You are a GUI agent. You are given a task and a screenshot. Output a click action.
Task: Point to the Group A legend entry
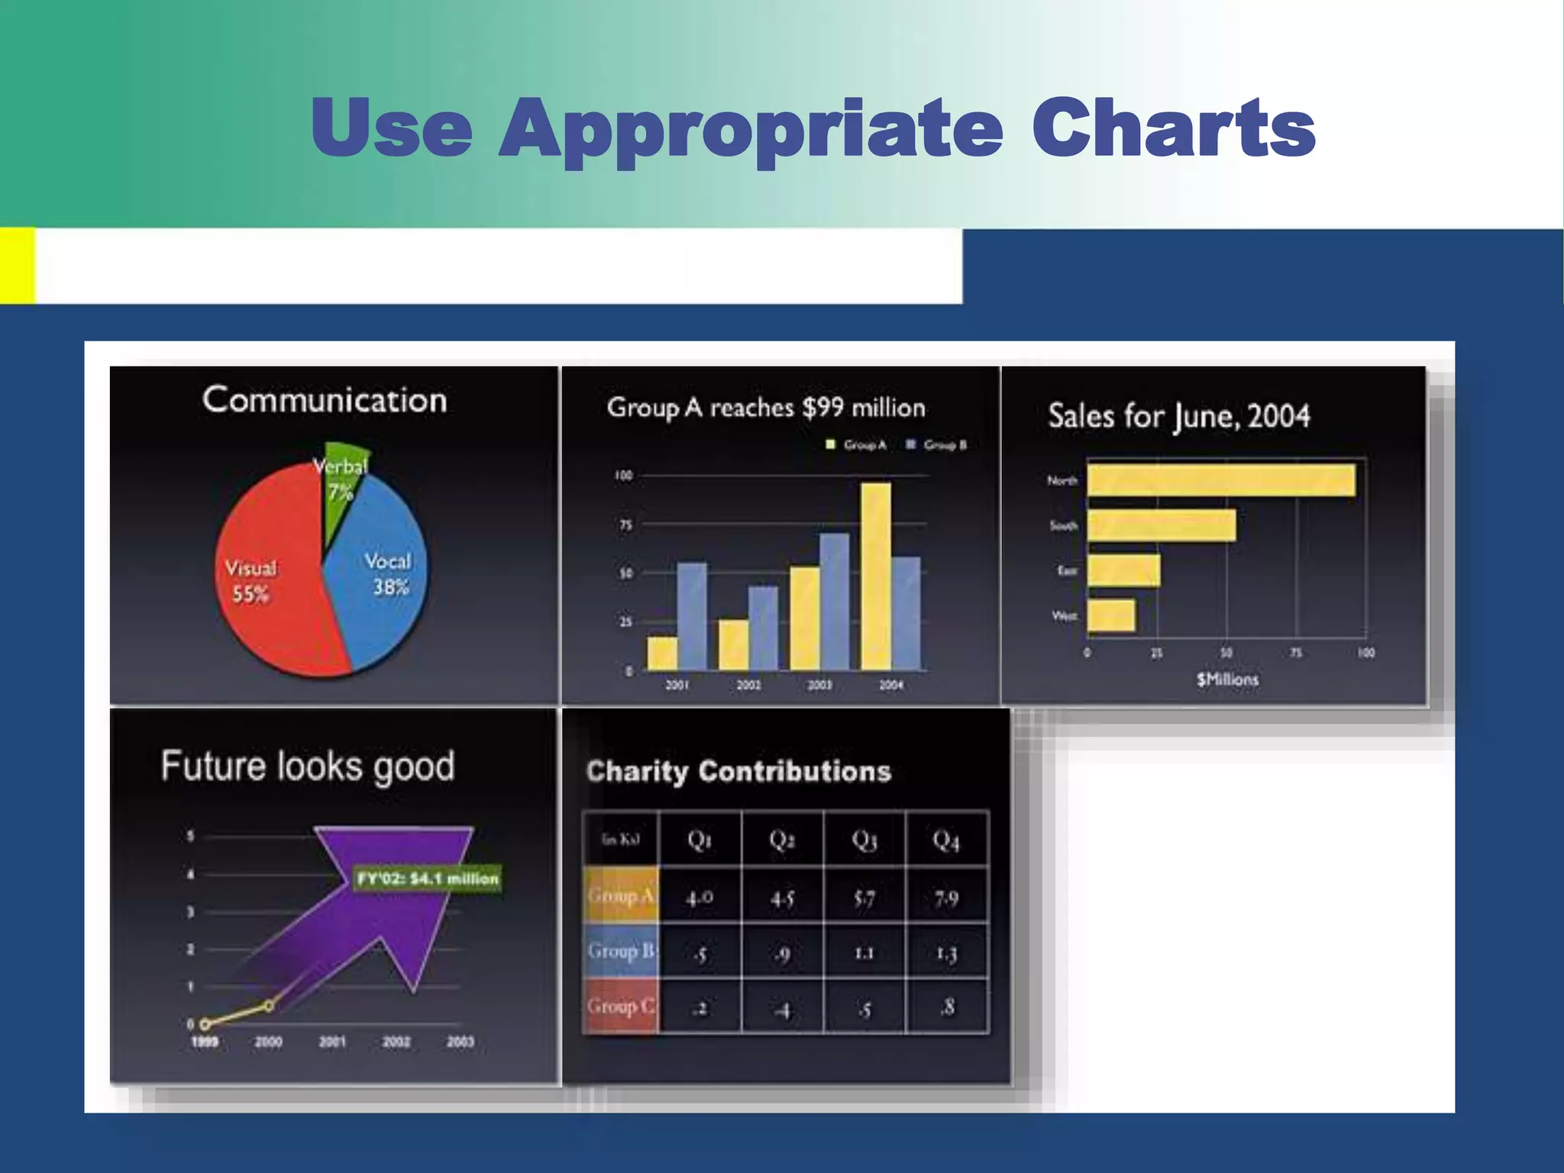[x=857, y=445]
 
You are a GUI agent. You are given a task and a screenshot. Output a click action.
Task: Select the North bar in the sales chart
[x=1221, y=480]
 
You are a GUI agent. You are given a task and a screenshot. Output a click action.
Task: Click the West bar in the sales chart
[x=1111, y=616]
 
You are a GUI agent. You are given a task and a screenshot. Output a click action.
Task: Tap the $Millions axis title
[x=1227, y=680]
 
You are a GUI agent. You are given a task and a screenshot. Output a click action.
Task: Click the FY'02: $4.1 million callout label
[x=428, y=879]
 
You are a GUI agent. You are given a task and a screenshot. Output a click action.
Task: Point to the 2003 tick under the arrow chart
[x=460, y=1042]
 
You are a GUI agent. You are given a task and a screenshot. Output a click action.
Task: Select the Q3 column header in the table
[x=864, y=840]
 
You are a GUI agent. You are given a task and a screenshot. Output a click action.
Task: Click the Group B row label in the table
[x=620, y=952]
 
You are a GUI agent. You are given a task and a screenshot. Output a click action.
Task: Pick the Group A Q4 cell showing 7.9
[x=946, y=898]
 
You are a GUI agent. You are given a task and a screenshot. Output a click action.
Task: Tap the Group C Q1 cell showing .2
[x=700, y=1008]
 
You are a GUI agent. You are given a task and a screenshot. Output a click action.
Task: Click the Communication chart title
[x=325, y=400]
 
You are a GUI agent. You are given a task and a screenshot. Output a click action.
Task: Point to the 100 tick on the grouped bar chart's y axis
[x=624, y=476]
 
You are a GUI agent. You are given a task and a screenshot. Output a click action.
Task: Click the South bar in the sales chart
[x=1162, y=525]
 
